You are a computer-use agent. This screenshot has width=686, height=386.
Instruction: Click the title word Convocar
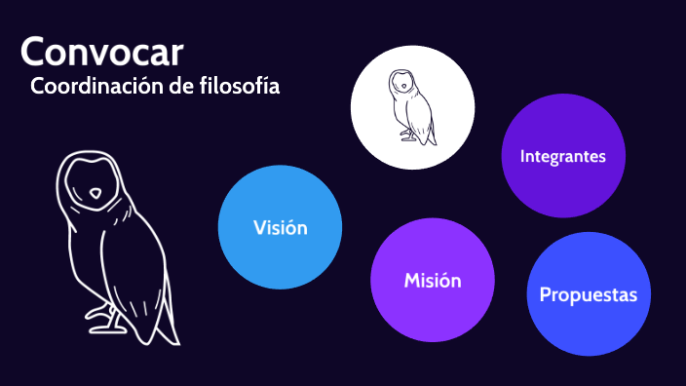[100, 51]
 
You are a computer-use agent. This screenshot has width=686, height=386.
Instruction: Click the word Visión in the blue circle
[281, 228]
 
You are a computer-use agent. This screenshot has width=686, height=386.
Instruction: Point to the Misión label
[433, 281]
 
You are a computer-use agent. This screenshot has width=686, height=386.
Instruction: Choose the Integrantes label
[563, 156]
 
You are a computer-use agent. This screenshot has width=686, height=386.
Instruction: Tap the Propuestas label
[589, 294]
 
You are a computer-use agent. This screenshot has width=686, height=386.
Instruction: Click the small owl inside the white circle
[412, 107]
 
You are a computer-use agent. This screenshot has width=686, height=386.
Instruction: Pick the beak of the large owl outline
[95, 195]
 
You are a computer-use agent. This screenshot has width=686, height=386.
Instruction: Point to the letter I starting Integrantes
[523, 156]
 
